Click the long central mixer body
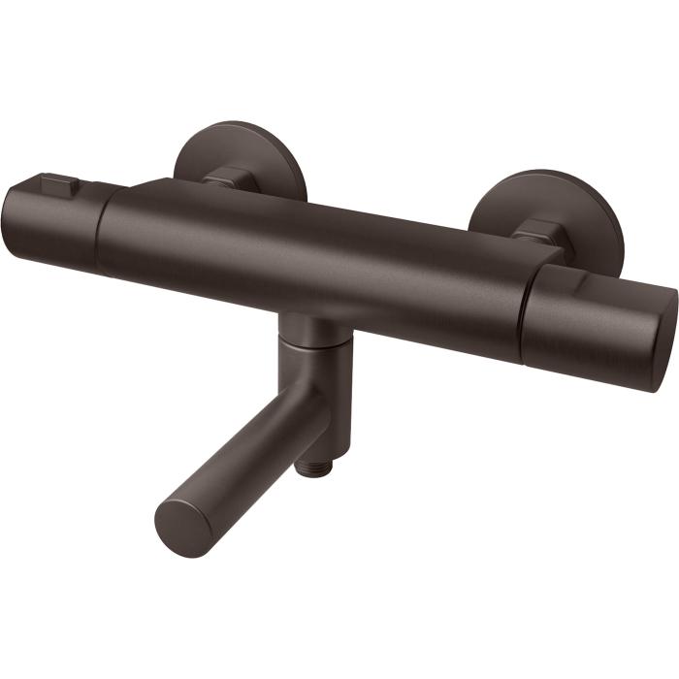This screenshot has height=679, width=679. tap(310, 257)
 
